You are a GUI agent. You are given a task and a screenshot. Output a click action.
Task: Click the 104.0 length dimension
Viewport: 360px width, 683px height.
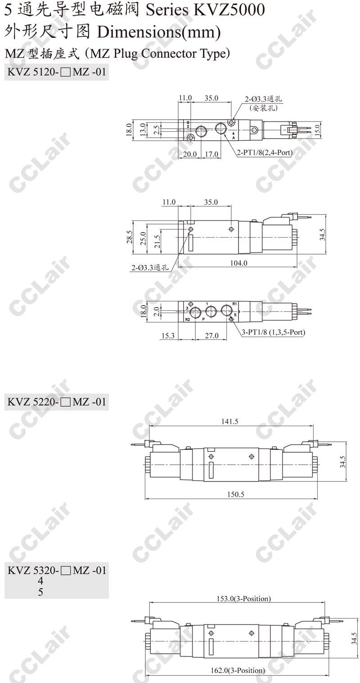point(238,263)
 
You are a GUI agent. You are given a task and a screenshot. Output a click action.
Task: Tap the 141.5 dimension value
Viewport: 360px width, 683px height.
point(229,422)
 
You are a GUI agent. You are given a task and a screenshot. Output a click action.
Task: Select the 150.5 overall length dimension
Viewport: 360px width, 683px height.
point(236,494)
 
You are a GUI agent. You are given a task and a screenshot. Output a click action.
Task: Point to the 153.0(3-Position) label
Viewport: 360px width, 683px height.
point(243,599)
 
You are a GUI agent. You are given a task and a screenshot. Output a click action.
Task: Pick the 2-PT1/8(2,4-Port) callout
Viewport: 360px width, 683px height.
point(265,153)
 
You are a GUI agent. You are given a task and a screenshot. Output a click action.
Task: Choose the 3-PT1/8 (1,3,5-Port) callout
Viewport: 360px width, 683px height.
point(274,332)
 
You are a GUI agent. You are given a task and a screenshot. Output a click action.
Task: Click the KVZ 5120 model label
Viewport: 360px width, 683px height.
point(57,72)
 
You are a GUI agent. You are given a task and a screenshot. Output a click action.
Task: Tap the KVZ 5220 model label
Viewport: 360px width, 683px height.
point(57,402)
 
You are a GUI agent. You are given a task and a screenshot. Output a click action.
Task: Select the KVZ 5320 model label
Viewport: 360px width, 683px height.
point(57,570)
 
